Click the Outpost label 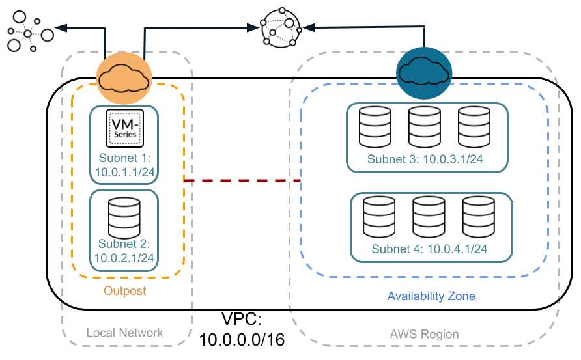pos(125,291)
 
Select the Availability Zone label pos(431,296)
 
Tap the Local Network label pos(125,333)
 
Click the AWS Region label pos(424,334)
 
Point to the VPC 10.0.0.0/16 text pos(242,329)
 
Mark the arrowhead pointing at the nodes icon pos(60,27)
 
